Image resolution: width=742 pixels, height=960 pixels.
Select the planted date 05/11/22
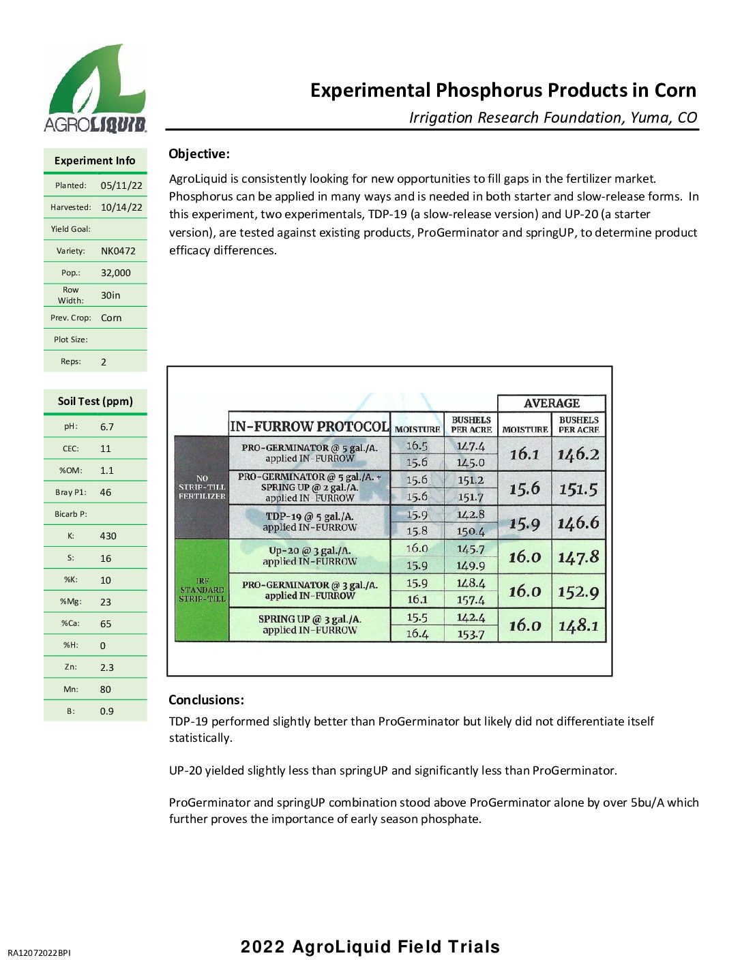point(121,185)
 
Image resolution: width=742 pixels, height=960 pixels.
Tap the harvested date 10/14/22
point(121,207)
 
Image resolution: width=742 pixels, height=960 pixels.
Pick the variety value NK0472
point(118,251)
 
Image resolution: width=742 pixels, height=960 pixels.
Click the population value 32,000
point(115,273)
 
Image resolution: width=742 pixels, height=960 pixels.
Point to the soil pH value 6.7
point(107,427)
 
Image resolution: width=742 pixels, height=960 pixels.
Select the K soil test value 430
point(108,536)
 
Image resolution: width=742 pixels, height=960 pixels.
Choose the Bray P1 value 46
point(106,492)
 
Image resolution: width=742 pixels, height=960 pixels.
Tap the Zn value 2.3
point(107,667)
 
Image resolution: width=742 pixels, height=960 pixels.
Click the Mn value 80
point(106,689)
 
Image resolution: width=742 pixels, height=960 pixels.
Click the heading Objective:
point(199,154)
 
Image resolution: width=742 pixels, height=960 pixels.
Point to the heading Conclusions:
point(206,700)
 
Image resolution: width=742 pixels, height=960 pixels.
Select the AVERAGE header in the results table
point(551,403)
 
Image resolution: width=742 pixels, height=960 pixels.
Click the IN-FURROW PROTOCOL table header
point(310,427)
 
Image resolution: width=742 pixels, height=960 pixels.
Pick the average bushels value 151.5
point(578,489)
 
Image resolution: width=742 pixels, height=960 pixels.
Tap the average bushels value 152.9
point(578,592)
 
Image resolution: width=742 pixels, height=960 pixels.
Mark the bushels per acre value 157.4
point(471,600)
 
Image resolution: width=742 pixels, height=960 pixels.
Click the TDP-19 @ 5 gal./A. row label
point(310,522)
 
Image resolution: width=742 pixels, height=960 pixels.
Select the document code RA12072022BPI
point(39,952)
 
